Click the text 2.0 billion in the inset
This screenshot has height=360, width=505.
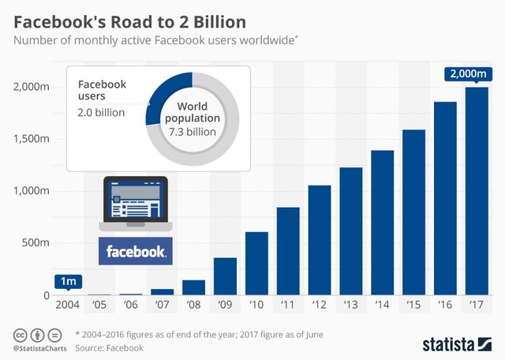[x=100, y=112]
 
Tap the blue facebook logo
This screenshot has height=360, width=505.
[x=135, y=253]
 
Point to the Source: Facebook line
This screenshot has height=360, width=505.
[x=110, y=347]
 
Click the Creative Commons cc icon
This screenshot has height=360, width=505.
[x=19, y=334]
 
